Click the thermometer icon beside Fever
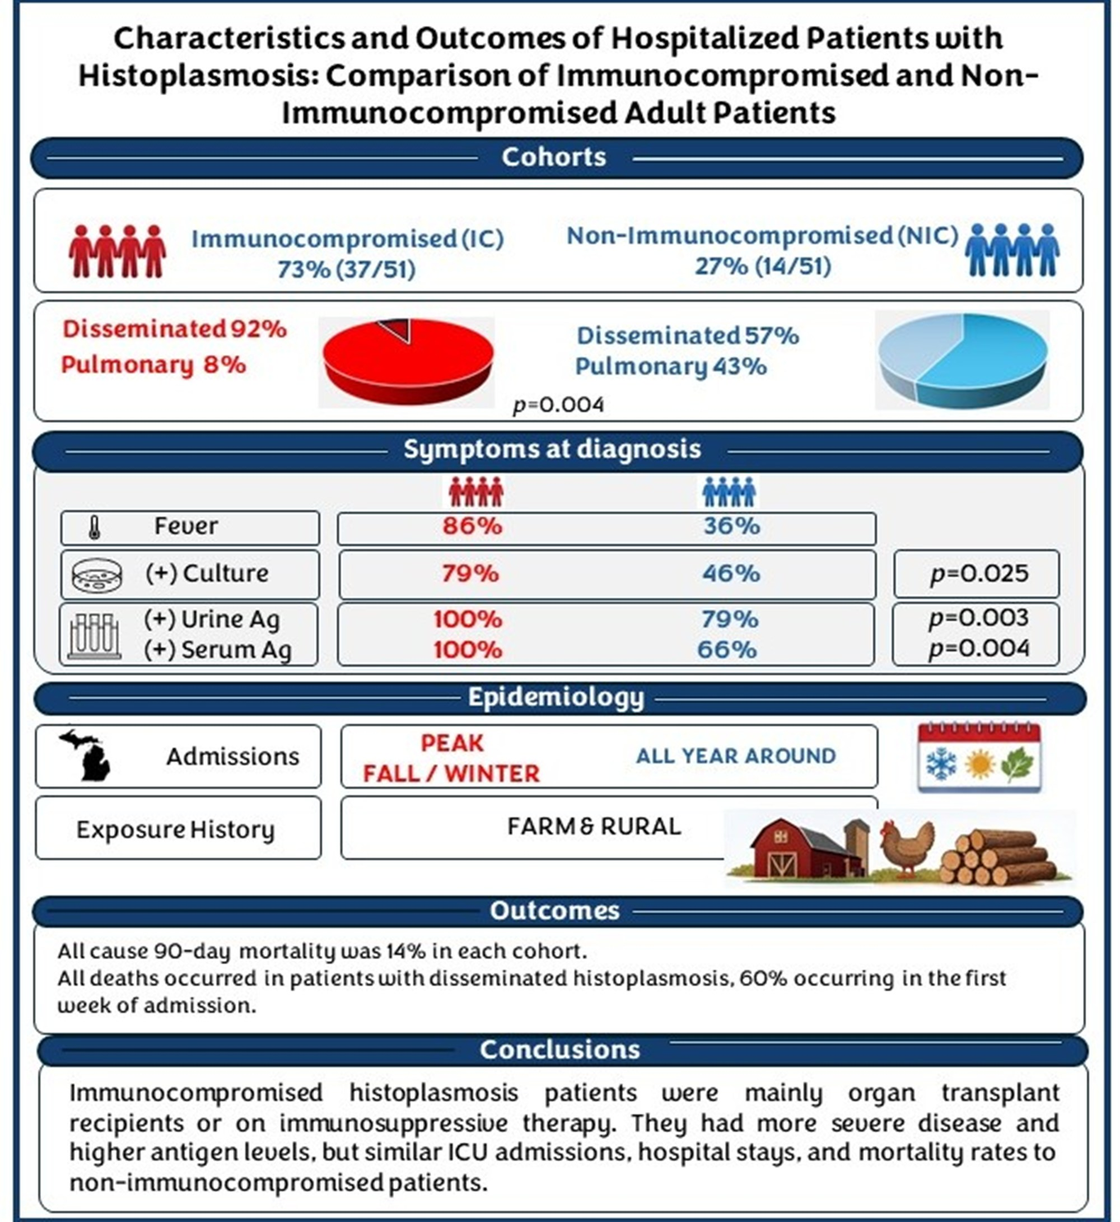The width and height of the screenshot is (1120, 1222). (x=94, y=528)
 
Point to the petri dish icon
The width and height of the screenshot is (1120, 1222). (x=96, y=574)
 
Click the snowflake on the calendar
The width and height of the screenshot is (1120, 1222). (x=941, y=764)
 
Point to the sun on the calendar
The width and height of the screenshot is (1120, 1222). (x=980, y=764)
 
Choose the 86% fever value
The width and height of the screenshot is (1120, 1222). (x=472, y=526)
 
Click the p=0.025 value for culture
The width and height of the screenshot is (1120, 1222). (x=979, y=573)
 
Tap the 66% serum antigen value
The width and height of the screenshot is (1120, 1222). (x=727, y=650)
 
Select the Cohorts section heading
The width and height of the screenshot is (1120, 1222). (x=554, y=157)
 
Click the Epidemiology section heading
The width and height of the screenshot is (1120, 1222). (x=556, y=698)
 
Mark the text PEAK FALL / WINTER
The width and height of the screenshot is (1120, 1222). (x=451, y=758)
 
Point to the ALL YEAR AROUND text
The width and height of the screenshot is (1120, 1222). (x=736, y=756)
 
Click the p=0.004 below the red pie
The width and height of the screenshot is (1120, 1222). (x=558, y=405)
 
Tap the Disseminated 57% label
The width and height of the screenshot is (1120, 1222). (x=688, y=335)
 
